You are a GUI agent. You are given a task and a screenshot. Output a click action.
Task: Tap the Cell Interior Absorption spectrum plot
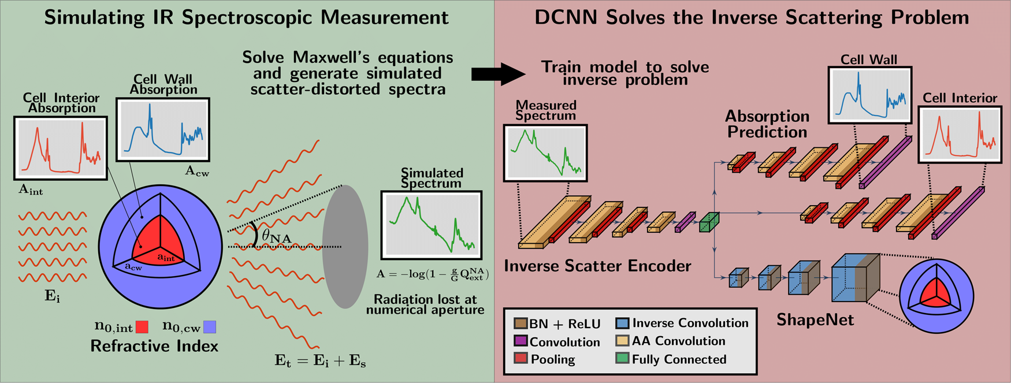point(61,148)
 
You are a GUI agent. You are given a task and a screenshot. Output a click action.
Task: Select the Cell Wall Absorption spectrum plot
point(163,129)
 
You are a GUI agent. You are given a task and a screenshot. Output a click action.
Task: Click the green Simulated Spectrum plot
point(431,225)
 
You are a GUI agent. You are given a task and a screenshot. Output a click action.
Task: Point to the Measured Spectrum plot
point(545,153)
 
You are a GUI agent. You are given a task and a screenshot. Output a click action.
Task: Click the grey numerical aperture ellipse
point(345,247)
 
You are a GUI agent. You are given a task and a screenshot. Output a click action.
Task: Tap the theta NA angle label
point(276,237)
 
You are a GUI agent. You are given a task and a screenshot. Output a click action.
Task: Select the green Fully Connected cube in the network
point(709,223)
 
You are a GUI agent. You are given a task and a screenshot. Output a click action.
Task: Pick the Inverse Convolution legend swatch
point(622,323)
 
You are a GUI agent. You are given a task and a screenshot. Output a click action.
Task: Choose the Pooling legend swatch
point(521,359)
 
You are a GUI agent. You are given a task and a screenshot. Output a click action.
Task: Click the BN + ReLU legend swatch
point(521,323)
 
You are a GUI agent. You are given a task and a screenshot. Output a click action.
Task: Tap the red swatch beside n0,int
point(142,328)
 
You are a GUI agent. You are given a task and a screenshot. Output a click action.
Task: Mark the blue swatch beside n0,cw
point(210,327)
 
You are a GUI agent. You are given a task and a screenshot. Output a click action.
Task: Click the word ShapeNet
point(815,319)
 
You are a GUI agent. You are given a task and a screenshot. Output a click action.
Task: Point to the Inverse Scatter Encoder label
point(597,266)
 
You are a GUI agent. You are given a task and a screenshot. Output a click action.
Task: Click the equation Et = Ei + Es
point(320,362)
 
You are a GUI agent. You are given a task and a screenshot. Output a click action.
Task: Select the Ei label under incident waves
point(52,296)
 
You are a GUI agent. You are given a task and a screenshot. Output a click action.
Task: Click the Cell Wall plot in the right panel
point(869,95)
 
